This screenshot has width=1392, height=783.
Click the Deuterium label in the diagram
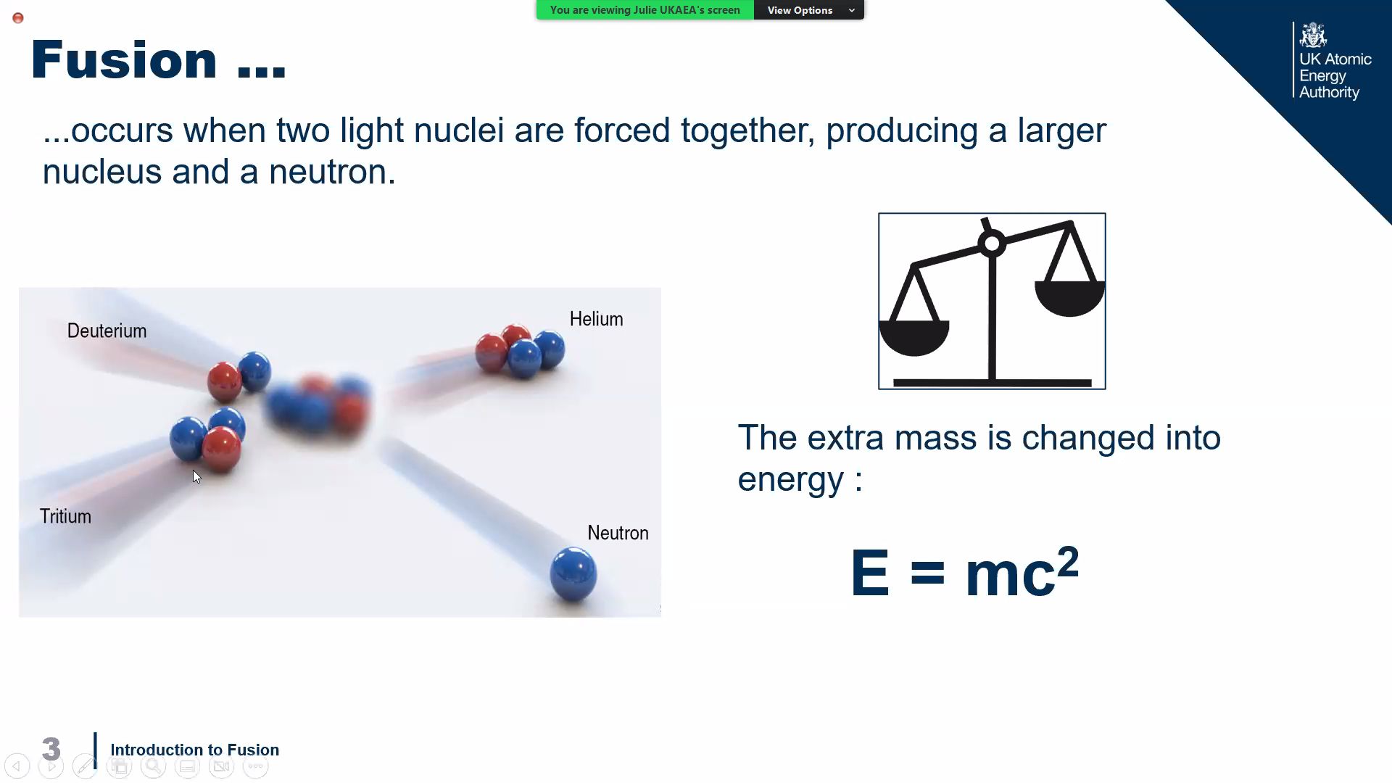107,331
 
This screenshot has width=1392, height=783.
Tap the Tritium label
65,516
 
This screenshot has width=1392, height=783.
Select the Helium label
596,319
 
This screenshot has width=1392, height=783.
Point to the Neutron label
618,533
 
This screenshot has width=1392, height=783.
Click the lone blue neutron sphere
573,574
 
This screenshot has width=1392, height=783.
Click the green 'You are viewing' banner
645,10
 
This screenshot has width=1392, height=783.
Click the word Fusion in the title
124,59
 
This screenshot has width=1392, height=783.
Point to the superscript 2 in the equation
1068,560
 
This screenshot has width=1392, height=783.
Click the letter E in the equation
869,573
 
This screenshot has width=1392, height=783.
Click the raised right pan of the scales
1070,298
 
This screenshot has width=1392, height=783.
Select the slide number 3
51,749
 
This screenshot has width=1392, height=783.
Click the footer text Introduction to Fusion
194,750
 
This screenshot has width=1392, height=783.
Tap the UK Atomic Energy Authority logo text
1335,75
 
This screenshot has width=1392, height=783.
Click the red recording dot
18,18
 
